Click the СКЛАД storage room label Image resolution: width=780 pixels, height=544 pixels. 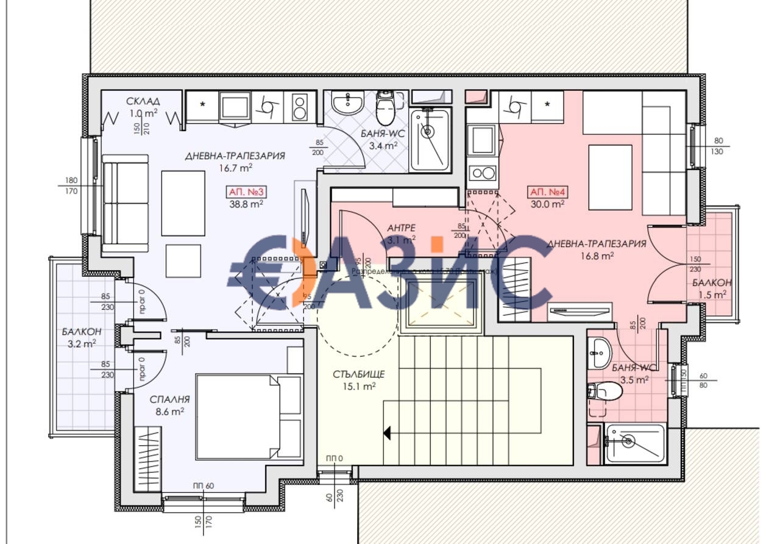point(143,101)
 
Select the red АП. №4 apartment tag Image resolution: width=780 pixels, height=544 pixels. point(547,192)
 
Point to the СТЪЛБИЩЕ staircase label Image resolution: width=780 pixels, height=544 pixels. point(350,374)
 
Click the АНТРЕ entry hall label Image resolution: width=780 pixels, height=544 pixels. point(401,227)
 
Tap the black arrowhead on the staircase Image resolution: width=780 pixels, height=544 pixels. point(386,433)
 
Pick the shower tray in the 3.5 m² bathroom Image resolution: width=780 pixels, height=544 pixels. point(634,443)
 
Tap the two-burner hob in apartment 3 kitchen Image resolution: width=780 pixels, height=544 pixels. point(299,107)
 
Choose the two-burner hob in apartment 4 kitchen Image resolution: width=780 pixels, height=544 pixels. point(482,173)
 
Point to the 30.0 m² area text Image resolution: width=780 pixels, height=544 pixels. point(547,204)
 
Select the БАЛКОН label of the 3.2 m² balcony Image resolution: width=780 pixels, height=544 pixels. point(81,332)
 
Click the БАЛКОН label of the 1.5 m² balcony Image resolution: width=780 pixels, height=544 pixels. point(712,283)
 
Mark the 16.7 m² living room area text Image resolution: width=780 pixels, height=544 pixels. point(235,167)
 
